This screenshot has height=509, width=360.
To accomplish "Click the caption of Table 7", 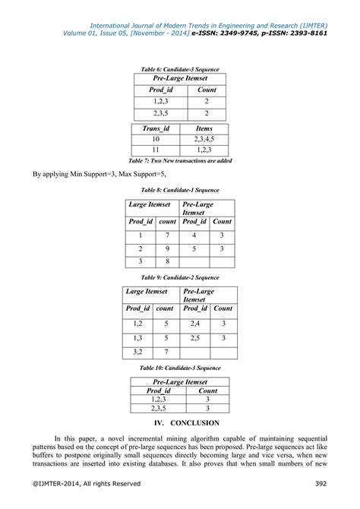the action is [x=180, y=161].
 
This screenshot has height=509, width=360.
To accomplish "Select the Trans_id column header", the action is [x=156, y=128].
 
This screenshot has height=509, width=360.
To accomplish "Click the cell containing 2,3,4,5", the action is [x=204, y=139].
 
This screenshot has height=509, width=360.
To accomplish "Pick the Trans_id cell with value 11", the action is [x=156, y=150].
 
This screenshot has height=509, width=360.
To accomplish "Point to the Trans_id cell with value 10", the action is [x=156, y=139].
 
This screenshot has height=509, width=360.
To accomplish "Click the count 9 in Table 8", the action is [x=167, y=248].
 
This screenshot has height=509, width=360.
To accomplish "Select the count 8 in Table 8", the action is [x=167, y=262].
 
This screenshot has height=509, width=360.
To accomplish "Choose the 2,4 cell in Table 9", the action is [x=195, y=324].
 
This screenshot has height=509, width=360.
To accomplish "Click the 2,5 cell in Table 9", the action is [x=195, y=338].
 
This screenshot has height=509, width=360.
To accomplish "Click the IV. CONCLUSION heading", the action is [x=180, y=422].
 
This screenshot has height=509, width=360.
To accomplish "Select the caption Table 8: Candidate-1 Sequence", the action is [x=180, y=190].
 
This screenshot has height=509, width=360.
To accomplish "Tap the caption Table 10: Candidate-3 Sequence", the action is [x=180, y=368].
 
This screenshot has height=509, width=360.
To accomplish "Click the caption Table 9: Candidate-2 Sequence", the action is [x=180, y=278].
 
